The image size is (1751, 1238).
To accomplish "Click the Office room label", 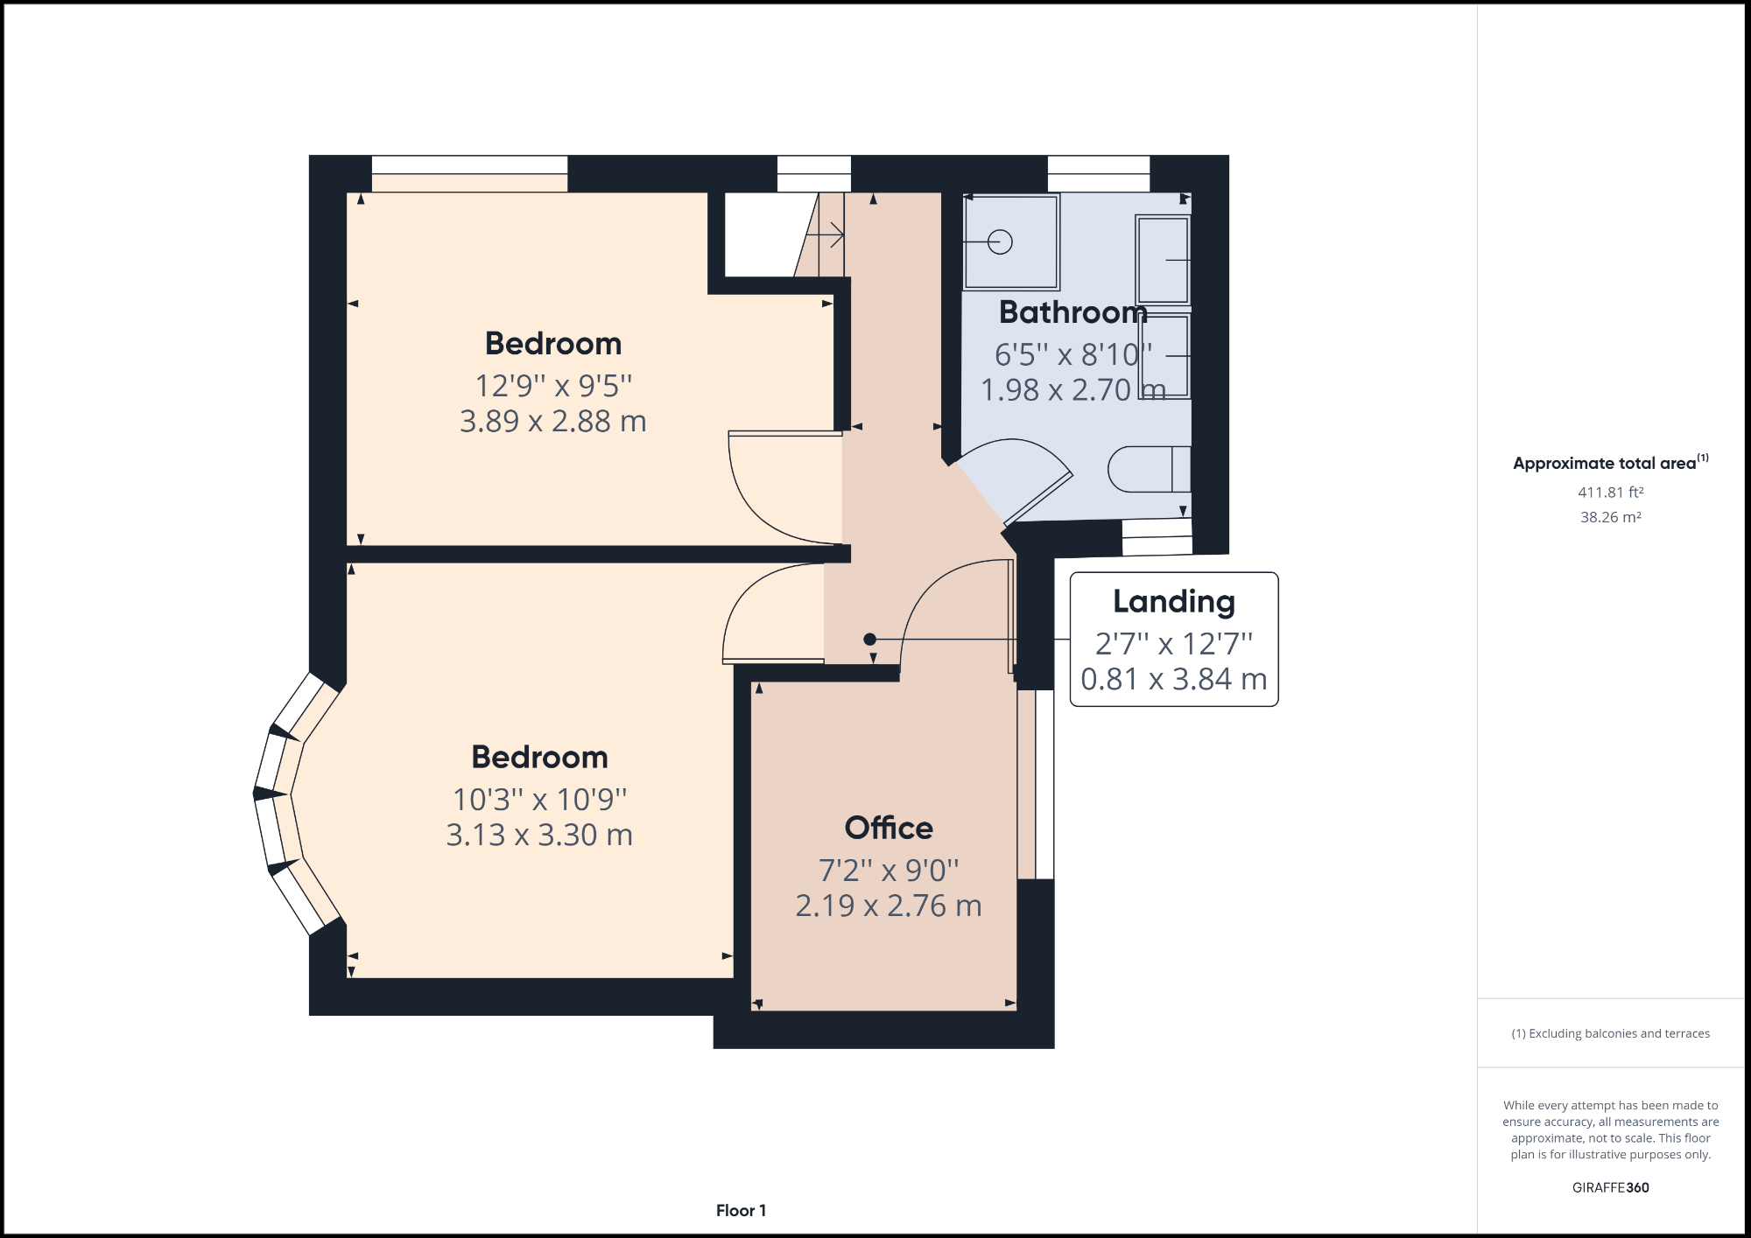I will (x=888, y=828).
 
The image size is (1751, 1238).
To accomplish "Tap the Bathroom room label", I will (x=1072, y=312).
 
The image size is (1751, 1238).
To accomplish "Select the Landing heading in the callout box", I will (x=1173, y=602).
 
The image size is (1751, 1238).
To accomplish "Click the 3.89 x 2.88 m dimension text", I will (x=552, y=422).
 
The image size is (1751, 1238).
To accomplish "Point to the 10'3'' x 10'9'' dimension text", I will (x=539, y=800).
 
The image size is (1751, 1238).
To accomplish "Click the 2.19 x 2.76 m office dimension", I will (x=888, y=906).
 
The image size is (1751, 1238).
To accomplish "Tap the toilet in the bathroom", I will (x=1148, y=470).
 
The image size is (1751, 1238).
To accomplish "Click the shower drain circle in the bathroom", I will (x=1000, y=242).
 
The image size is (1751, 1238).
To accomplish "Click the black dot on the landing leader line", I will (x=869, y=640).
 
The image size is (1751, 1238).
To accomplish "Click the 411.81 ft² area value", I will (x=1610, y=493).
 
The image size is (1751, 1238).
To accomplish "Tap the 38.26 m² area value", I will (x=1610, y=517).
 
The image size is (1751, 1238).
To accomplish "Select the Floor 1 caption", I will (x=741, y=1211).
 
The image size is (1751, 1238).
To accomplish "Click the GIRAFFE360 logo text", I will (x=1610, y=1187).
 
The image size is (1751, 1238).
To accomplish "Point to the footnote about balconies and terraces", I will (x=1610, y=1033).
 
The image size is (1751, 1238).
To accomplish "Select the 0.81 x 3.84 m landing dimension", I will (x=1173, y=679).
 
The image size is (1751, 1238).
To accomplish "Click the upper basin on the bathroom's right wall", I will (x=1164, y=260).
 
